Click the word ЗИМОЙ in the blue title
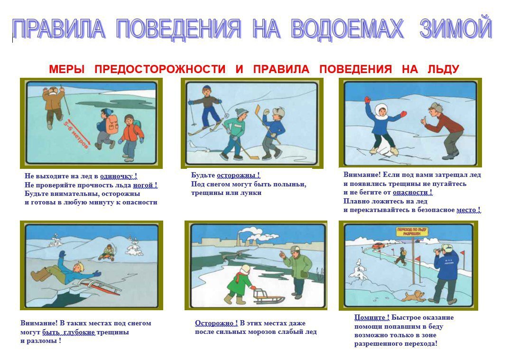[455, 28]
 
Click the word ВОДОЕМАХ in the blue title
[347, 28]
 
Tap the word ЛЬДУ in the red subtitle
[443, 69]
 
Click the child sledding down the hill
[107, 252]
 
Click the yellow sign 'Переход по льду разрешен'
[412, 231]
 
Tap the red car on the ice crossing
[378, 246]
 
